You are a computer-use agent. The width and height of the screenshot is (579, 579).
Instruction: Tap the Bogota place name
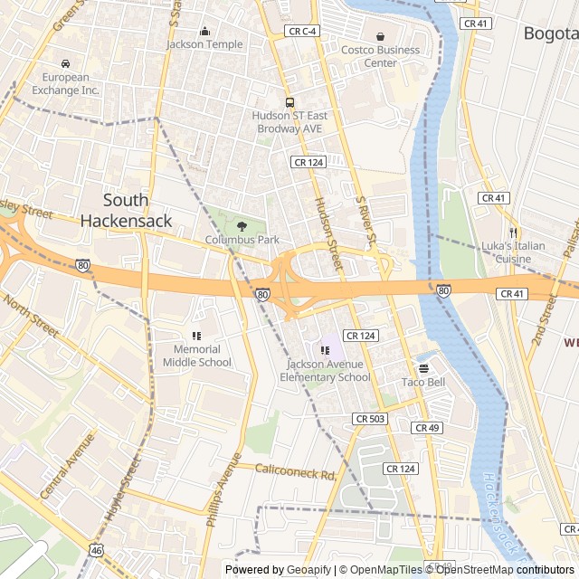[x=550, y=33]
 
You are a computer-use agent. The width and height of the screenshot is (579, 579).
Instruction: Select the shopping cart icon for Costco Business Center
[x=380, y=36]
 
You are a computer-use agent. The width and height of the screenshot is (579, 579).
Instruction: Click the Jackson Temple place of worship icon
[x=204, y=30]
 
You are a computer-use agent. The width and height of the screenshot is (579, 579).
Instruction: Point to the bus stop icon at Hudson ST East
[x=289, y=102]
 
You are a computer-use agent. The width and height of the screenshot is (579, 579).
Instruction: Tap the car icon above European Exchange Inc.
[x=66, y=63]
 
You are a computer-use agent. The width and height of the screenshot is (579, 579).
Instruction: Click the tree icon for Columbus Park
[x=242, y=225]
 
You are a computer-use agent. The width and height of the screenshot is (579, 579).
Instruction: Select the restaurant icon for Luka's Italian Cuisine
[x=512, y=233]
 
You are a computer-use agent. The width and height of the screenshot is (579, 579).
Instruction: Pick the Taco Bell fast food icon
[x=423, y=367]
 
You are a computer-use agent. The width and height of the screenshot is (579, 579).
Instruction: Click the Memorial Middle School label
[x=197, y=356]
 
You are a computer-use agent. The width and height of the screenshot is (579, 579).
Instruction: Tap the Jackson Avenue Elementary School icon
[x=326, y=350]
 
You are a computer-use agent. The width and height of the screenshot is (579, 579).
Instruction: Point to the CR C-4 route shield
[x=302, y=31]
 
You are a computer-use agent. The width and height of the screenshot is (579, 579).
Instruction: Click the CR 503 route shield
[x=370, y=419]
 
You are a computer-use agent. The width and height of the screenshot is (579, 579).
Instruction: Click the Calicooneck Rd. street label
[x=296, y=471]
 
